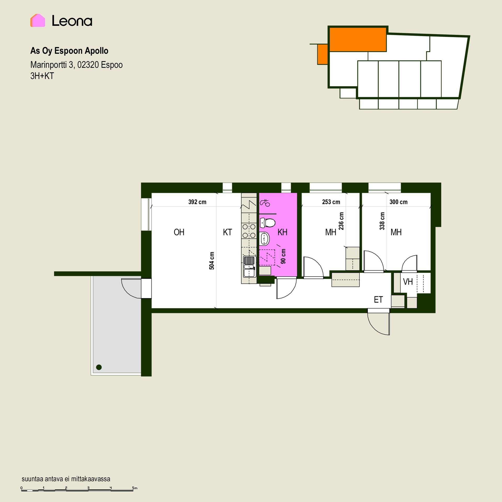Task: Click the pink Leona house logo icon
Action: [x=38, y=20]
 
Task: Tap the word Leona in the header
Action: [x=72, y=21]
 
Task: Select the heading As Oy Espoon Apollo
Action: [x=69, y=51]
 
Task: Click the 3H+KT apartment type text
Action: [x=42, y=76]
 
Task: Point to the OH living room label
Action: [x=179, y=232]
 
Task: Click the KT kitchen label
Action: [x=227, y=232]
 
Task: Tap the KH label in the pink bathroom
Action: [x=282, y=232]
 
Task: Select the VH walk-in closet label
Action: [x=408, y=282]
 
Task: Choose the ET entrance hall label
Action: [x=378, y=300]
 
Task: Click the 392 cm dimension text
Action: [x=197, y=202]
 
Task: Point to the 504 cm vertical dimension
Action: [x=212, y=261]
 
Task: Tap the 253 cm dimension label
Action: [x=331, y=202]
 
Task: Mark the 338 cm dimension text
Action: [x=382, y=221]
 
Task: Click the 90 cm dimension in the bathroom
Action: [x=283, y=256]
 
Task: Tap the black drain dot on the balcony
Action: [x=99, y=367]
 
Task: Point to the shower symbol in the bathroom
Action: [x=265, y=203]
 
